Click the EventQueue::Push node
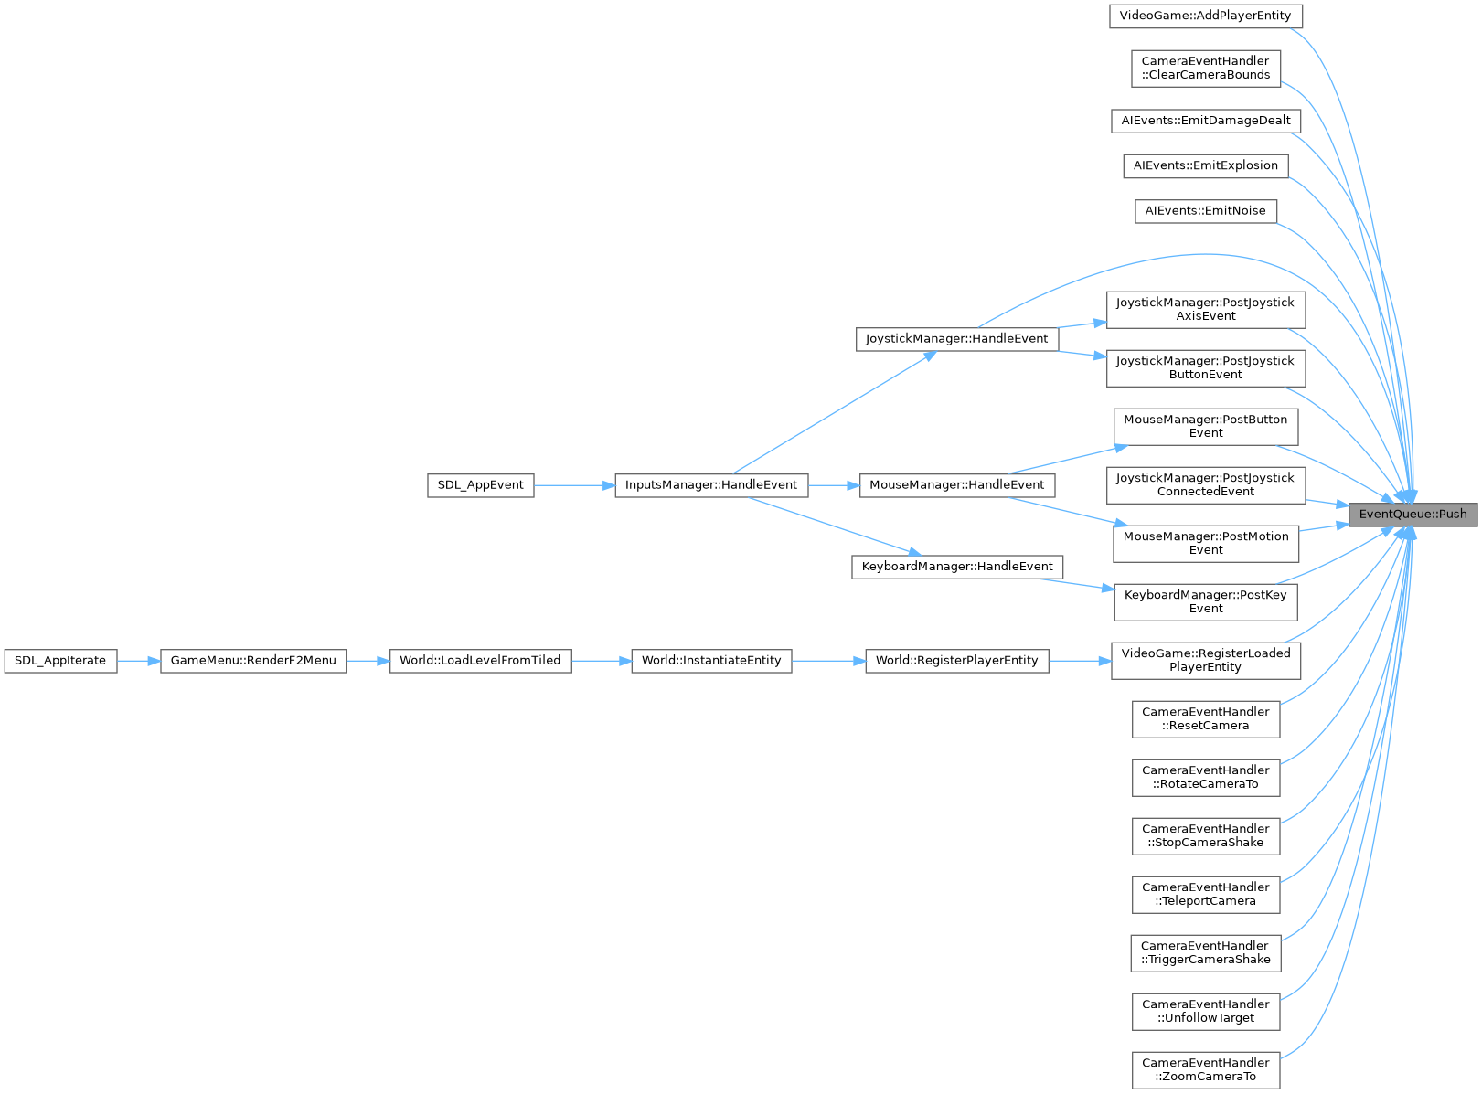[1413, 514]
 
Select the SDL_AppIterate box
[60, 660]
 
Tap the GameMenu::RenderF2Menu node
[253, 660]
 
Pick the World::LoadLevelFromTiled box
[480, 660]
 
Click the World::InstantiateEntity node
[711, 660]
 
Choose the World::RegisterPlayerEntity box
[956, 660]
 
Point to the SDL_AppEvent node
[480, 484]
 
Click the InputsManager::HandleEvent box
[711, 484]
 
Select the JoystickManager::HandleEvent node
[956, 338]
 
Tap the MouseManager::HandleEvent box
[956, 484]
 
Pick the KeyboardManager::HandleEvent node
[956, 566]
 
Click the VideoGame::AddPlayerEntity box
[1205, 16]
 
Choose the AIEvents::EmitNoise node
[1205, 210]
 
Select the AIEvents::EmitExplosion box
[1205, 165]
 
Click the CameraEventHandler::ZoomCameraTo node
[1205, 1069]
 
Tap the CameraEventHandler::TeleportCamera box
[1205, 894]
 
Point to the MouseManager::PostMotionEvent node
[1205, 543]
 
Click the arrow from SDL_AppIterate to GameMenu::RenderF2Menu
[139, 660]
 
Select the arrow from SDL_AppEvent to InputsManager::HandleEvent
[574, 484]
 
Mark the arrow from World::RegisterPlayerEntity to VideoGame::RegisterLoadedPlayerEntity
[1080, 660]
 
